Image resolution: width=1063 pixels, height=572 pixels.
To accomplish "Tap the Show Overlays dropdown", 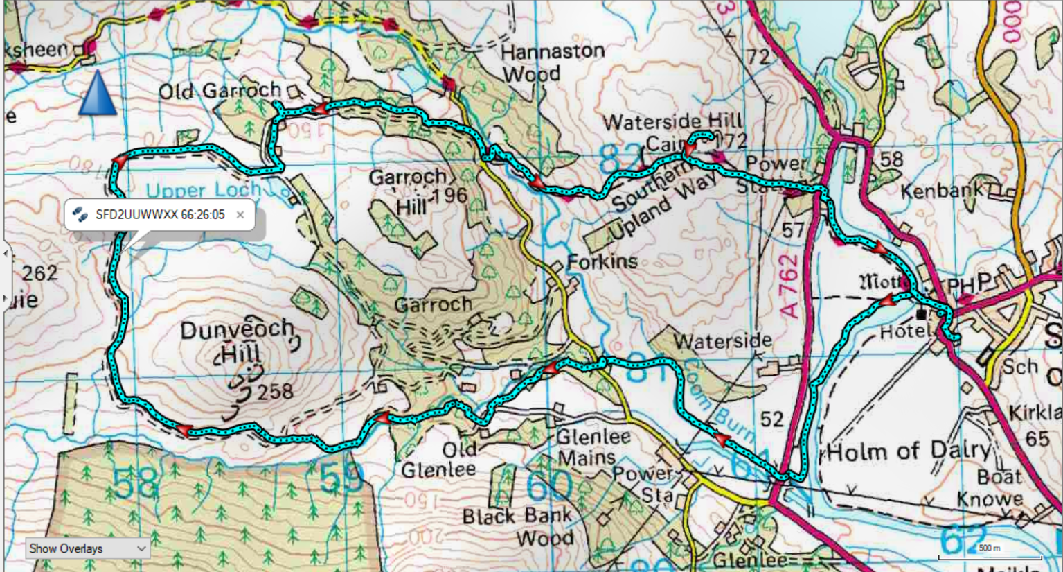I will coord(87,548).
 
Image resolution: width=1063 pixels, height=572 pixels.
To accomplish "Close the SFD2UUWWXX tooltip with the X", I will coord(240,215).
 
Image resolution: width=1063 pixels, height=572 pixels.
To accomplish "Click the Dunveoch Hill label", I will coord(238,340).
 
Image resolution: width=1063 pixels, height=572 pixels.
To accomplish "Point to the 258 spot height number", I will coord(275,393).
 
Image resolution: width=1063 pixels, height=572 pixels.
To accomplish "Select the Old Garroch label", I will coord(220,92).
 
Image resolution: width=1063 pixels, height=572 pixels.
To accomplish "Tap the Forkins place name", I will coord(602,262).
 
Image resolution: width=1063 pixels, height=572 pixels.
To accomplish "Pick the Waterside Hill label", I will coord(672,123).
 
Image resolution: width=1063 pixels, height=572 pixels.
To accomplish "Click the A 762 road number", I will coord(789,285).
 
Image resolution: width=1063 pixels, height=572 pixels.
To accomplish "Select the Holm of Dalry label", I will coord(909,452).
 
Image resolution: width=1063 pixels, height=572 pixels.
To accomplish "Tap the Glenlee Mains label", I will coord(593,447).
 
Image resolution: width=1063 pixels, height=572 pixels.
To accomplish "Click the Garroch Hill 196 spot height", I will coord(450,196).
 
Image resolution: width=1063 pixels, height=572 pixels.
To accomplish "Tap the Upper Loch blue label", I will coord(203,190).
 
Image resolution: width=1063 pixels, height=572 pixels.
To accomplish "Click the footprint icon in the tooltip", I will coord(80,215).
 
